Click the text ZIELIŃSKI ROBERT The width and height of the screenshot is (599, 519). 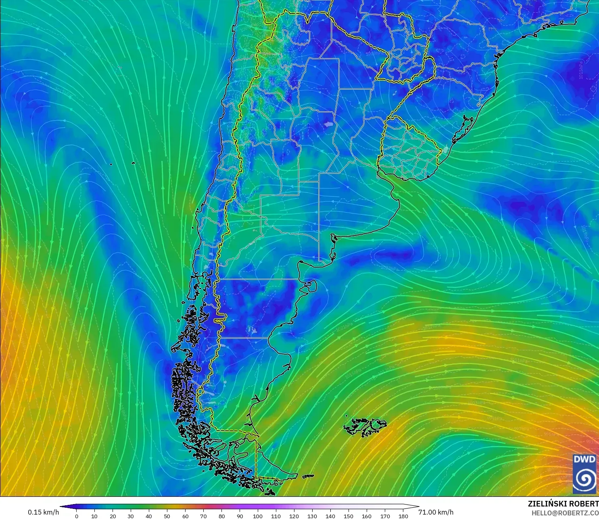(x=563, y=504)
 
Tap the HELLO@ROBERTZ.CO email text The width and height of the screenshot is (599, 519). (x=565, y=513)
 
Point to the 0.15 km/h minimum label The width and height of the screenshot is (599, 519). (x=43, y=512)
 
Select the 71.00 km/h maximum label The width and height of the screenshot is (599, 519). (x=436, y=512)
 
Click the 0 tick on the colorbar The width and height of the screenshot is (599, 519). (x=76, y=516)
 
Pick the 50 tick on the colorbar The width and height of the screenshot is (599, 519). (x=167, y=516)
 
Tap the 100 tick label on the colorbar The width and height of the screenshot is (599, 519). (x=258, y=516)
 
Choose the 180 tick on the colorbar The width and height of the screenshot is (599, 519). (x=403, y=516)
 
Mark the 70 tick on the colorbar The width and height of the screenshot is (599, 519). (x=203, y=516)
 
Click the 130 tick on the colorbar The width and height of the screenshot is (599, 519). (x=312, y=516)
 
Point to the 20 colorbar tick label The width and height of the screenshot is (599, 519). (x=113, y=516)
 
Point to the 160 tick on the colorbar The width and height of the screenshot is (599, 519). (x=367, y=516)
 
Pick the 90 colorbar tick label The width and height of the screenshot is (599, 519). (x=240, y=516)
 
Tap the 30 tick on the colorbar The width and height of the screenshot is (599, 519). (x=131, y=516)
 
